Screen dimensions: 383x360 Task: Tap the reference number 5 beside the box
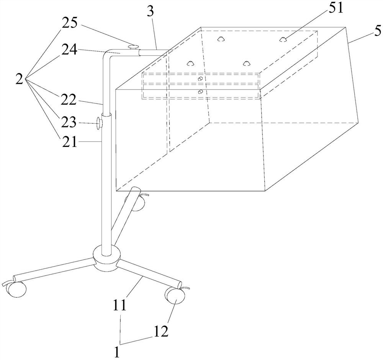pos(377,31)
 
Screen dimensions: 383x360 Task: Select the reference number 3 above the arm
pos(151,11)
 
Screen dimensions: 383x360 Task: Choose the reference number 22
pos(69,100)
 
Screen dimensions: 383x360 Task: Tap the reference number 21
pos(69,142)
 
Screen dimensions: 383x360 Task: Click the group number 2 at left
pos(20,79)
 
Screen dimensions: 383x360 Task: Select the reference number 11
pos(119,305)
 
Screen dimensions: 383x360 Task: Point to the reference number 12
pos(161,331)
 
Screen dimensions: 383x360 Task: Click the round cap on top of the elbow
pos(133,46)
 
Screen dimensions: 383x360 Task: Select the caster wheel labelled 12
pos(175,296)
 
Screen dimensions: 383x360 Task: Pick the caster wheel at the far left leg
pos(15,289)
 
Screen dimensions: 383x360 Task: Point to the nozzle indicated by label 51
pos(283,39)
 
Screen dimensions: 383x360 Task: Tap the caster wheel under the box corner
pos(137,202)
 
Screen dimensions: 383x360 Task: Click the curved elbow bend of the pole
pos(108,55)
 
